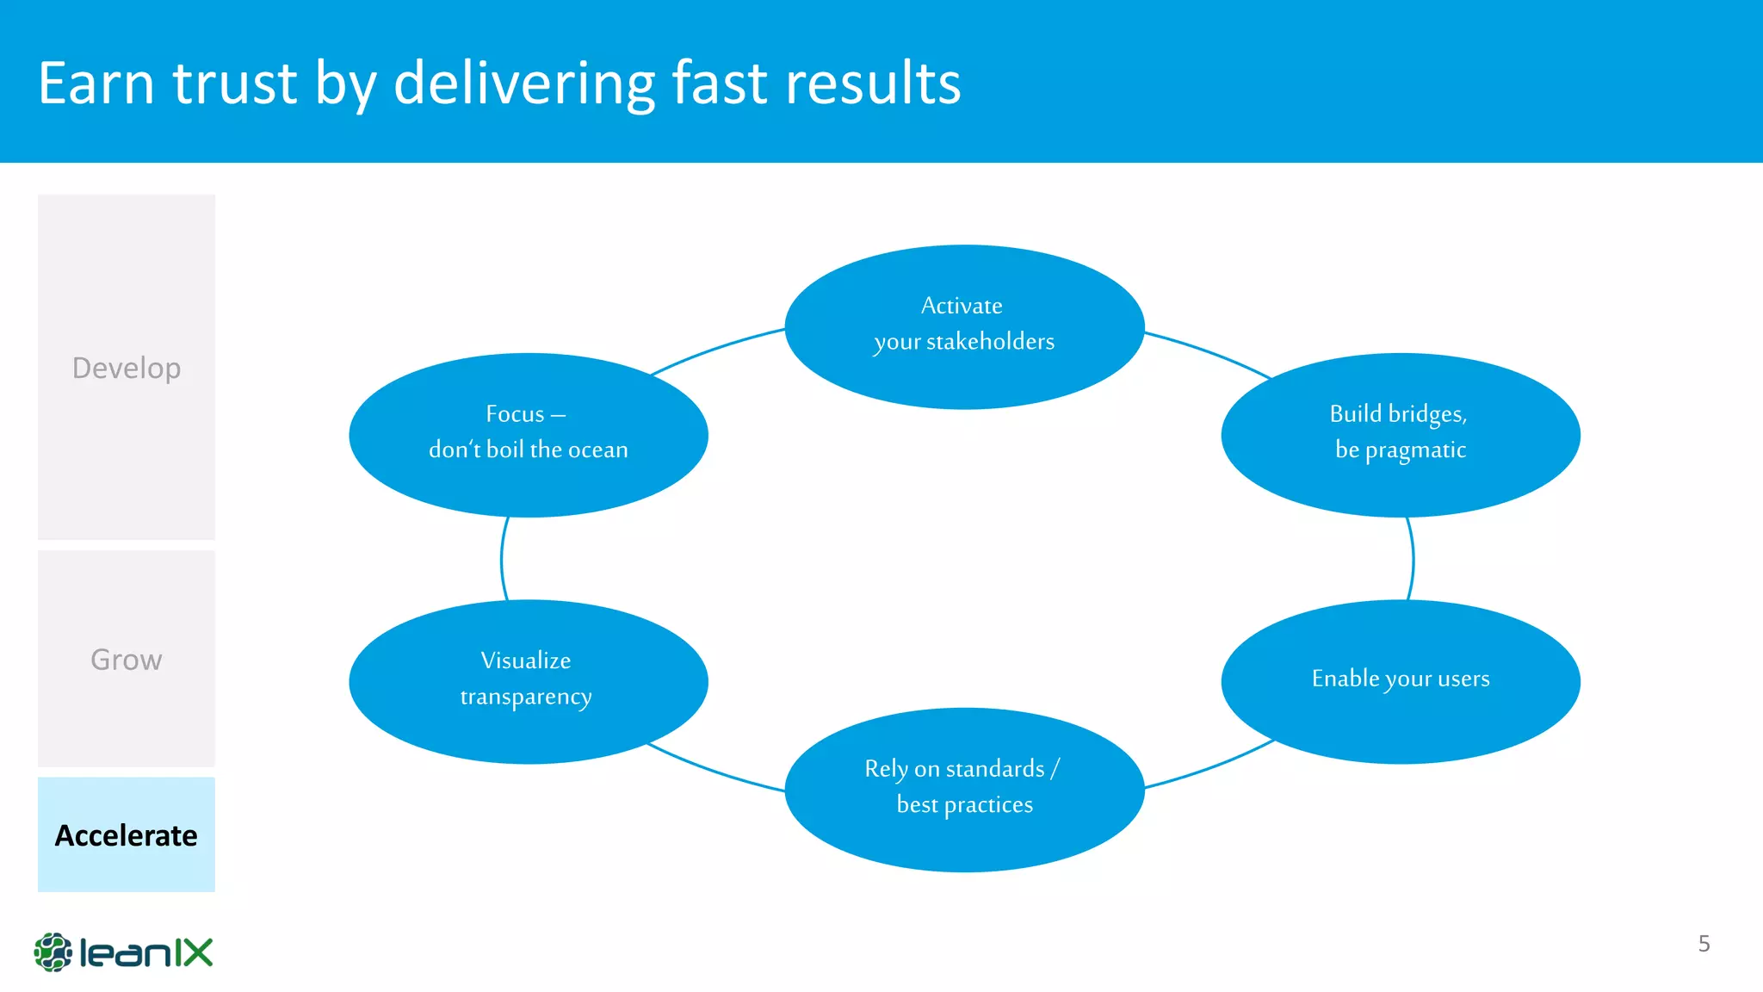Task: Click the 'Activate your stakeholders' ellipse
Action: coord(964,326)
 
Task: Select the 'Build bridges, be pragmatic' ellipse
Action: coord(1400,435)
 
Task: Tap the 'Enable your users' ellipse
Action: coord(1400,681)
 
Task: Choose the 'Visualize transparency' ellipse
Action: coord(528,681)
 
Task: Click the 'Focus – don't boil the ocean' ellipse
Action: coord(528,435)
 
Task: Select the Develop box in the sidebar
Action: coord(127,368)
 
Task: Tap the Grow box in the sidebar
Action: coord(127,660)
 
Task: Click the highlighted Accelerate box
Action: coord(127,834)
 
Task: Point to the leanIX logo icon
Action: coord(53,952)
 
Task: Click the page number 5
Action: coord(1704,944)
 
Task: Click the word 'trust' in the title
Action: coord(234,84)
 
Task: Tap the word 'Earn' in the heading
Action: coord(96,84)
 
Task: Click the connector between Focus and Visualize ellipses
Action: coord(502,560)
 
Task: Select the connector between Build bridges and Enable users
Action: coord(1413,560)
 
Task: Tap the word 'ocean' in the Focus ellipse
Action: coord(597,450)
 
